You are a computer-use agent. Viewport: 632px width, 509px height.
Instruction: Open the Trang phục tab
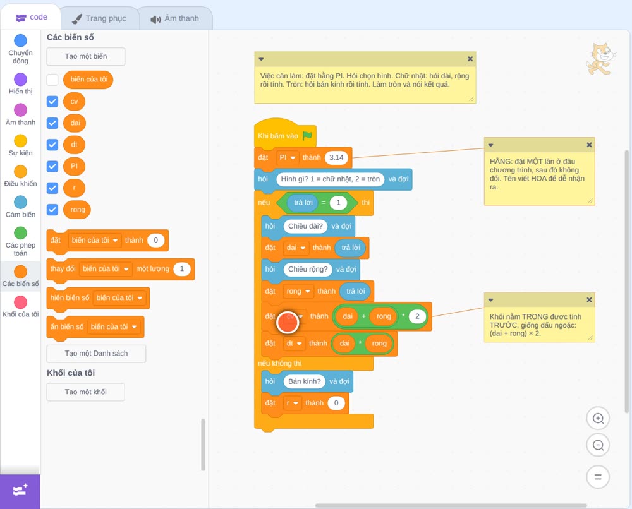[99, 18]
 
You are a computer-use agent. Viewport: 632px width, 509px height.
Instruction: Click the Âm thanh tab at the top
[175, 18]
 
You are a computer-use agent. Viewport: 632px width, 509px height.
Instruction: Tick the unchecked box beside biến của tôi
[52, 80]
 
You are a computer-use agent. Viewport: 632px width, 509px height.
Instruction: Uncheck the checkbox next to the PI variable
[52, 166]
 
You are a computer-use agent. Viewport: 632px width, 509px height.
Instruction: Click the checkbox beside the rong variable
[52, 210]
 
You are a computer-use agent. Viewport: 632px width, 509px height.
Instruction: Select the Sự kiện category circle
[21, 141]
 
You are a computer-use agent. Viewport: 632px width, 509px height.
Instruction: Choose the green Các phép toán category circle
[21, 233]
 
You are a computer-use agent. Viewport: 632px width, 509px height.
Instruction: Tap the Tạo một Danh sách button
[96, 354]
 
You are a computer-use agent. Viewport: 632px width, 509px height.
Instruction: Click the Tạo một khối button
[86, 392]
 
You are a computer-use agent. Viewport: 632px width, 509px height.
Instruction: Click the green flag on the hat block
[308, 136]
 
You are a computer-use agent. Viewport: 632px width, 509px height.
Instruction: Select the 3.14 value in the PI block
[336, 157]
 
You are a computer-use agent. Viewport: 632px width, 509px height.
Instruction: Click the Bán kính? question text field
[305, 381]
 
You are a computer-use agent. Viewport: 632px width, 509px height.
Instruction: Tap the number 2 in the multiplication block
[417, 316]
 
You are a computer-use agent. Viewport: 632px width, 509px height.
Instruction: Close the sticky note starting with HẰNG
[589, 145]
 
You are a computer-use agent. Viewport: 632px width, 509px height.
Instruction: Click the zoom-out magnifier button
[598, 445]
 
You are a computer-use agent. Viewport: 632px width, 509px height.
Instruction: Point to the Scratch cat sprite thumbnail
[601, 59]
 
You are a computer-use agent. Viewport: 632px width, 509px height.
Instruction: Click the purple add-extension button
[20, 491]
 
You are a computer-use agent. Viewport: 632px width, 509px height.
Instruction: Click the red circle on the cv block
[288, 322]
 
